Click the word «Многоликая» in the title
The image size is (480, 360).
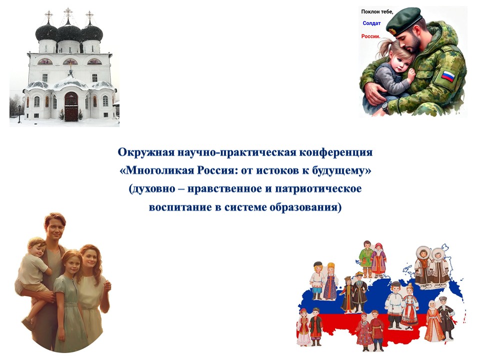click(x=160, y=170)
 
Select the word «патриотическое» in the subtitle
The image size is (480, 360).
click(x=318, y=189)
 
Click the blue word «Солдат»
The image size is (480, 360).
click(x=371, y=23)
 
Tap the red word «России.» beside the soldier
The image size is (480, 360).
click(x=370, y=36)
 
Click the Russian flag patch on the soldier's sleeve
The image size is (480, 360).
click(x=448, y=76)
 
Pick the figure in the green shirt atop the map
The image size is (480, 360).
click(x=366, y=259)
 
